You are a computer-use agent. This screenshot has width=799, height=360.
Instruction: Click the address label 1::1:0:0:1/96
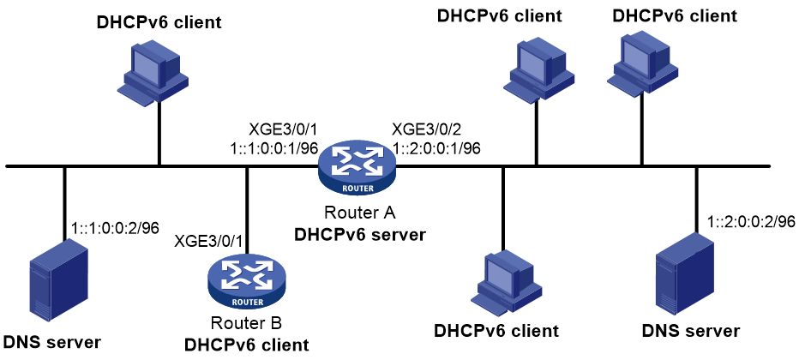click(274, 147)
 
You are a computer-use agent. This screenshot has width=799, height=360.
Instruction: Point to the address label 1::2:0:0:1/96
click(436, 147)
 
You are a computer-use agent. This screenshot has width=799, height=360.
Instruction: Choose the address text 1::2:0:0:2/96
click(751, 222)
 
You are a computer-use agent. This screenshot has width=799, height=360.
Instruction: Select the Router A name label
click(357, 212)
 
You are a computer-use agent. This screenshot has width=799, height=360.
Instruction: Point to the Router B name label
click(247, 323)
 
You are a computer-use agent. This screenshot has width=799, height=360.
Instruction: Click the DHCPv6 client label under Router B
click(247, 345)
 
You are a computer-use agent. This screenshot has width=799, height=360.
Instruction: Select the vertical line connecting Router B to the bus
click(247, 210)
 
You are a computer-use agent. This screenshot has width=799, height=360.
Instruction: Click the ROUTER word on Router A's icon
click(357, 188)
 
